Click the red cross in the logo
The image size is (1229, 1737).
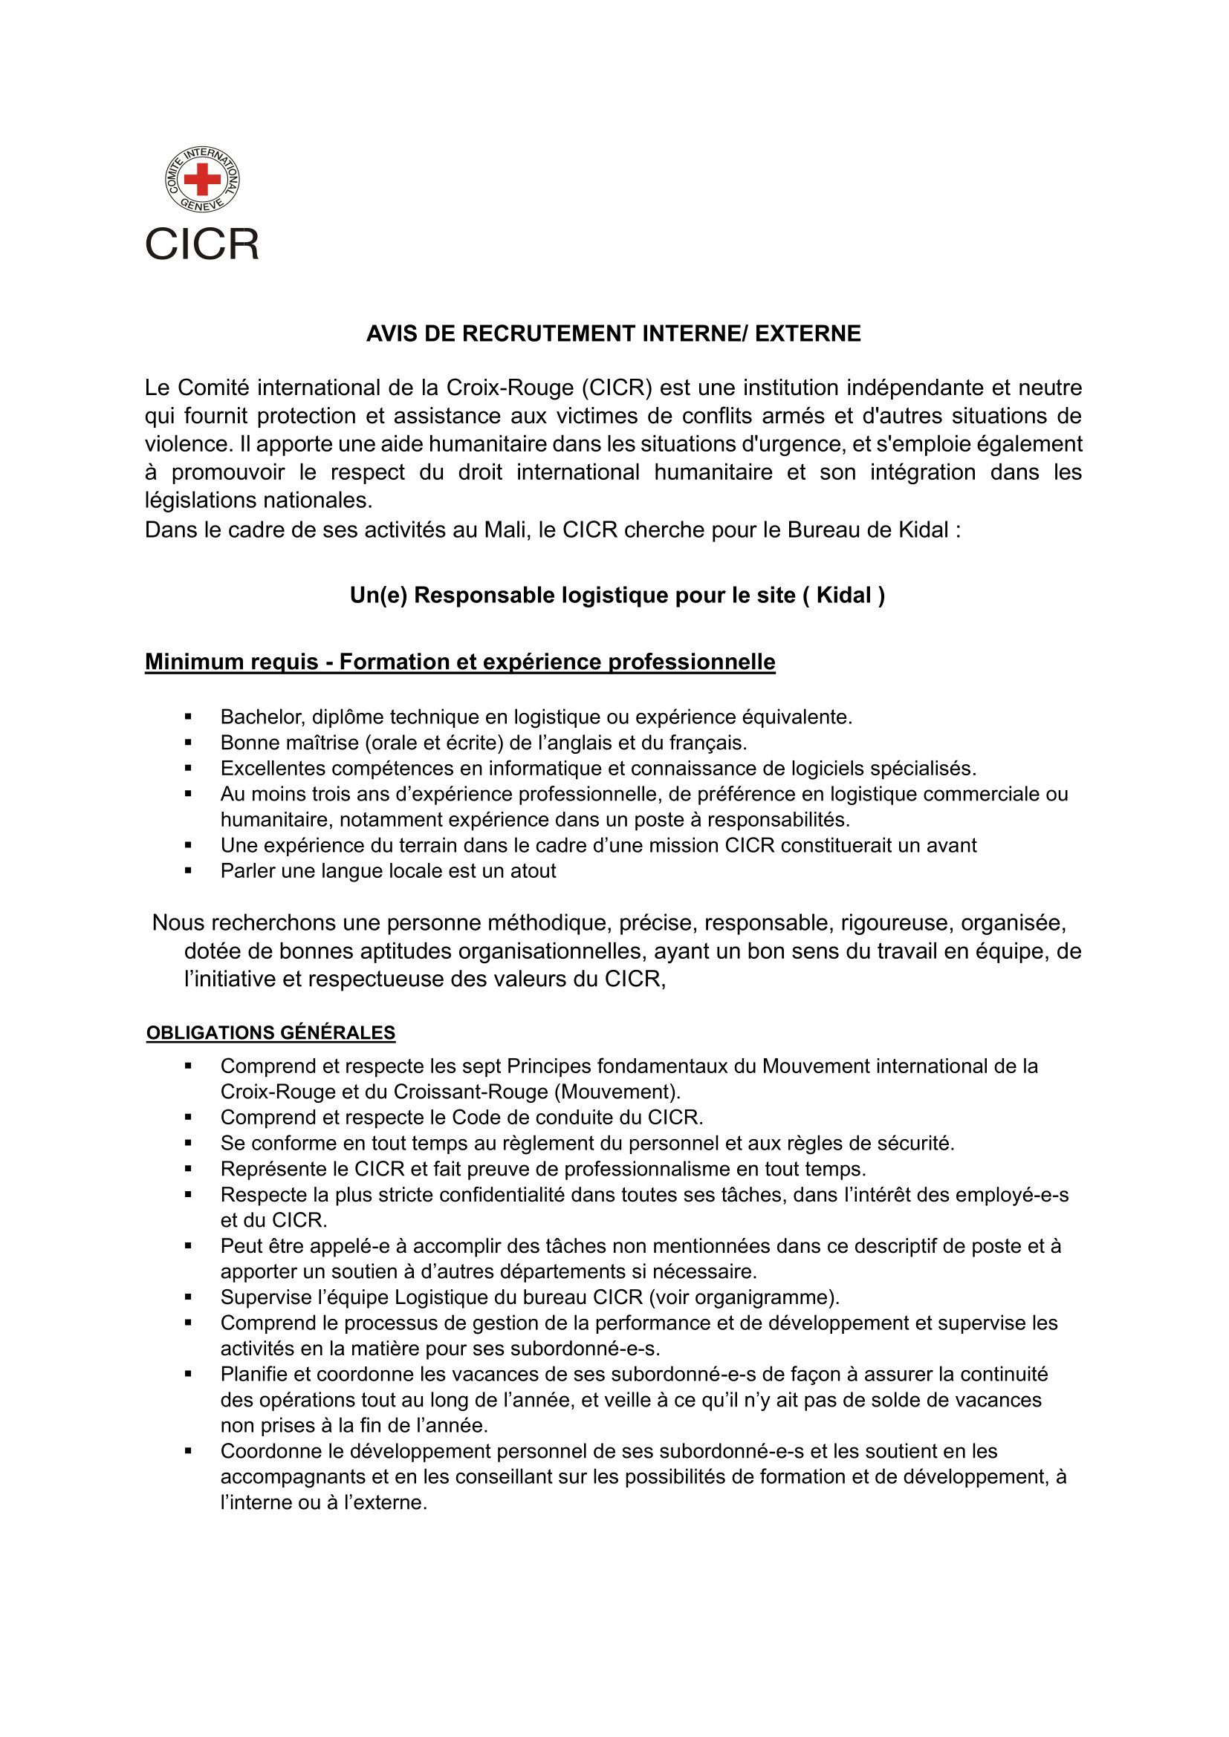pos(202,179)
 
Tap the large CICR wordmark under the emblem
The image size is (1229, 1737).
pos(202,244)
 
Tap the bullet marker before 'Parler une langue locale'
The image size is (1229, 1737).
pos(189,871)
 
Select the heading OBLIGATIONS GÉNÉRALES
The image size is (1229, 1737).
pos(271,1033)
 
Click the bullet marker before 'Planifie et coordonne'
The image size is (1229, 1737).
pos(189,1375)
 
